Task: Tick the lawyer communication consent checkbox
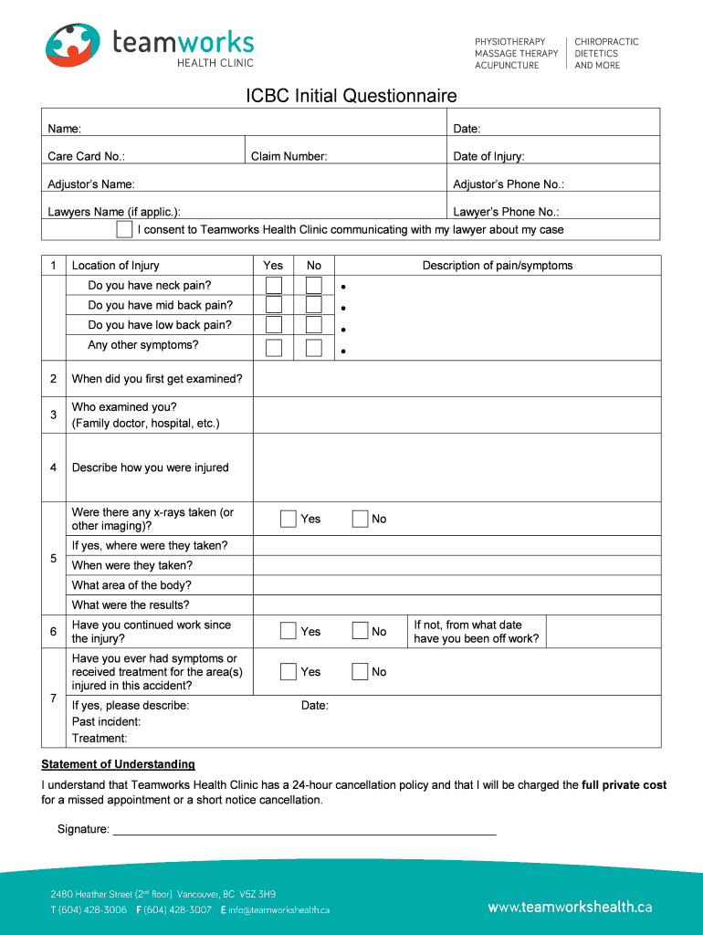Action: [x=124, y=229]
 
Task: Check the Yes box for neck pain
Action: [x=273, y=286]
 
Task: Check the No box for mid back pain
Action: [x=314, y=306]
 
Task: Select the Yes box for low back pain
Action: [x=273, y=326]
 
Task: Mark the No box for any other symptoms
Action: [x=314, y=347]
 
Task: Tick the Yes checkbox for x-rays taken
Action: [x=289, y=519]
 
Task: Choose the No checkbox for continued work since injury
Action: [x=360, y=631]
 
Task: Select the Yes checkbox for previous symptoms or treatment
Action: [x=289, y=672]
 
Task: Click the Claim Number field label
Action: [x=289, y=157]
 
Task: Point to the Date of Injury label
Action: [x=488, y=157]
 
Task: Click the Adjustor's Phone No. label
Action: [x=508, y=184]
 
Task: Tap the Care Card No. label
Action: [x=86, y=157]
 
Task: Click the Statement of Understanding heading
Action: [x=118, y=764]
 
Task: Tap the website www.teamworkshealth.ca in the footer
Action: [x=570, y=907]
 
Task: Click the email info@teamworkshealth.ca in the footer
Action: [x=279, y=910]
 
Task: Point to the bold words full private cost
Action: [x=624, y=785]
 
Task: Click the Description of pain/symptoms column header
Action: [x=497, y=266]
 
